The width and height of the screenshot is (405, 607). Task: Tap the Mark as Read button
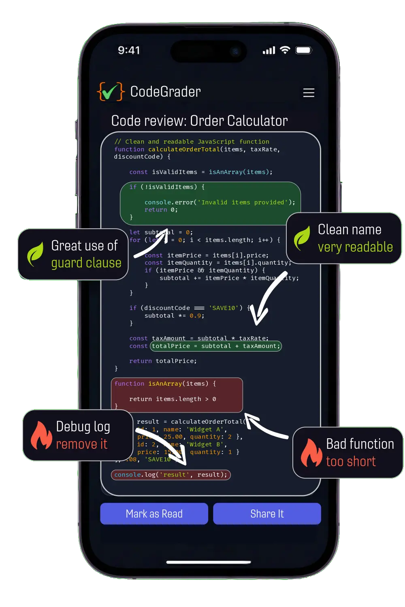tap(154, 514)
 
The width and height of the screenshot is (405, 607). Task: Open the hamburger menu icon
tap(309, 93)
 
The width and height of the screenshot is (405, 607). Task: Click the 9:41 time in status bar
tap(129, 50)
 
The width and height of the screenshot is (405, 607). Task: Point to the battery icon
tap(303, 50)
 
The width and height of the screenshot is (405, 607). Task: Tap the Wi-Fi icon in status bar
tap(285, 50)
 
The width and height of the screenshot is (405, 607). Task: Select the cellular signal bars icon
tap(269, 51)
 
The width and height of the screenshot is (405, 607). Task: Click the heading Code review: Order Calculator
tap(199, 121)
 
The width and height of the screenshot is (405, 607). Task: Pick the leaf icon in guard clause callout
tap(35, 254)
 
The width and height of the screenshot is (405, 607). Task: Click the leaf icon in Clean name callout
tap(302, 238)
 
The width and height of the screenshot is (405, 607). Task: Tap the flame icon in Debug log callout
tap(41, 435)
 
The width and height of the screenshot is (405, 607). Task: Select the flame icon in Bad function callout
tap(311, 452)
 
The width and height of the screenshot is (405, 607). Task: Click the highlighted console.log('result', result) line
tap(171, 475)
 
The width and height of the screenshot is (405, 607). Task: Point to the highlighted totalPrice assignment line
tap(215, 346)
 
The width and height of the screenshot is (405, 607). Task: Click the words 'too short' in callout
tap(351, 461)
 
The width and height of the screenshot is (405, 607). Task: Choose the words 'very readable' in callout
tap(355, 247)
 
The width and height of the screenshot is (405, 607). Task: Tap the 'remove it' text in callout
tap(81, 444)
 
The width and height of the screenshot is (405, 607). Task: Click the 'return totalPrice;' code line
tap(163, 361)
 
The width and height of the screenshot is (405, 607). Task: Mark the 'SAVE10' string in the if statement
tap(224, 308)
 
